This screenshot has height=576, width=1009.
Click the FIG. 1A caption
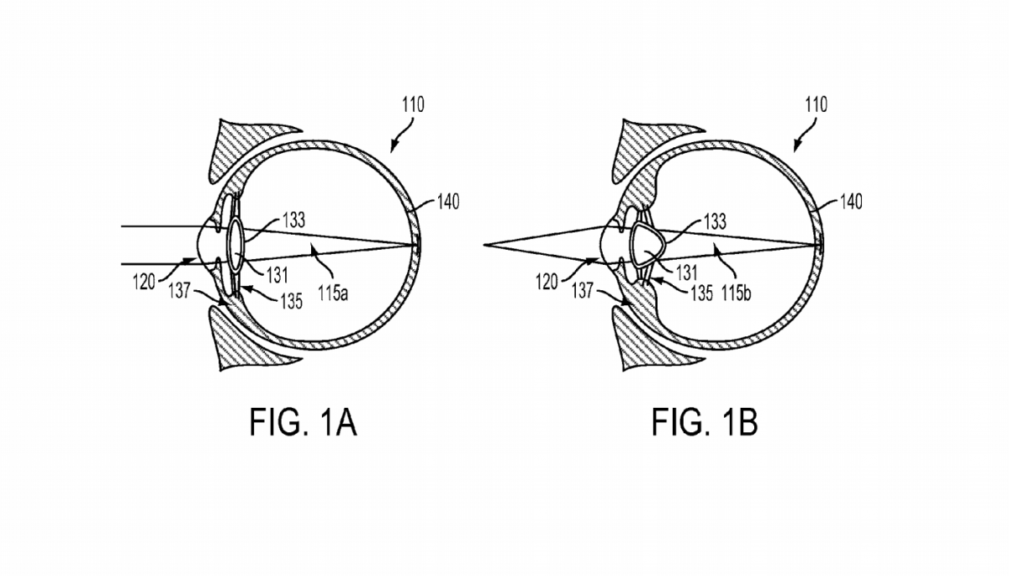coord(304,422)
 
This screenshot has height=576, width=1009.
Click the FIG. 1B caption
coord(705,422)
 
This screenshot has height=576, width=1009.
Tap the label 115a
coord(333,293)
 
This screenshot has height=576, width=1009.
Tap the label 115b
coord(736,293)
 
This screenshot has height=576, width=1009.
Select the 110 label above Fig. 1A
coord(413,105)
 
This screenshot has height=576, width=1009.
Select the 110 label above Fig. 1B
coord(816,105)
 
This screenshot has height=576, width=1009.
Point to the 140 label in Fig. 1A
coord(448,202)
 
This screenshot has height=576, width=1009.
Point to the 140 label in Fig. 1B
coord(851,202)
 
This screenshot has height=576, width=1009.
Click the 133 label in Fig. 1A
coord(293,220)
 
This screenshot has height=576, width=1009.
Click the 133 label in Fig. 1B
coord(715,222)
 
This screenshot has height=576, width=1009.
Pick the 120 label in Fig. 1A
coord(144,283)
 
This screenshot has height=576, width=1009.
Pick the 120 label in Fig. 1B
coord(547,283)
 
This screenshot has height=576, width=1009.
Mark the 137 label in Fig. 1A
coord(180,290)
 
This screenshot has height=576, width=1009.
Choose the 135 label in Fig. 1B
coord(702,293)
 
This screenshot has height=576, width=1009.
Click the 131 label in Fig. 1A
coord(277,275)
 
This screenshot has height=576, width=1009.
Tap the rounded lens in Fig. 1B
coord(647,245)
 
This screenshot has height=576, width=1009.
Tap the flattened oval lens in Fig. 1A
coord(236,245)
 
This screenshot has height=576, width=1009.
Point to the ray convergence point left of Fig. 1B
coord(484,245)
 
